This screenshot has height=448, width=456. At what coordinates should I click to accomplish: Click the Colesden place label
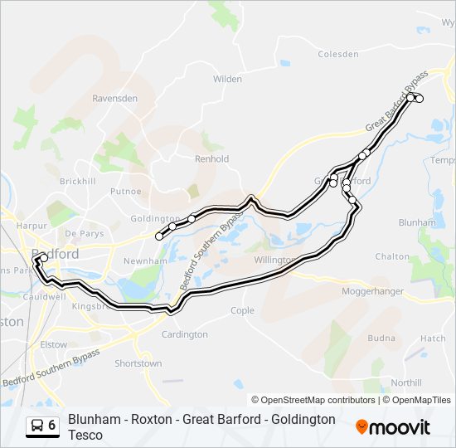point(338,55)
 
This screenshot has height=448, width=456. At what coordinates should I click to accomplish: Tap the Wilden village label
point(227,80)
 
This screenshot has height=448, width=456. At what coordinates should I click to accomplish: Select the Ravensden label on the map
point(114,98)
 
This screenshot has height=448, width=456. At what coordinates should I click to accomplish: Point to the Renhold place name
point(211,158)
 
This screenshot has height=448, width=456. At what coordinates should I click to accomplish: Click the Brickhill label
point(78,181)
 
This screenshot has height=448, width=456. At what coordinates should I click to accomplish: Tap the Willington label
point(274,260)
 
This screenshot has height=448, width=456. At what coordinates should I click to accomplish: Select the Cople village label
point(242,310)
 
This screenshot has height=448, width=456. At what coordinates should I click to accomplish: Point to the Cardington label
point(185,334)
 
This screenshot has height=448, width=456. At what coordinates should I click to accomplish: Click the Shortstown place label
point(138,363)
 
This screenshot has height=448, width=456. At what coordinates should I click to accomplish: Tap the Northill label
point(405,382)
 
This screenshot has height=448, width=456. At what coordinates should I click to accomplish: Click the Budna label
point(381,338)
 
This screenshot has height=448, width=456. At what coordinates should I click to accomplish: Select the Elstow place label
point(53,343)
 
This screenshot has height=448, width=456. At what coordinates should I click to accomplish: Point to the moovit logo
point(393,427)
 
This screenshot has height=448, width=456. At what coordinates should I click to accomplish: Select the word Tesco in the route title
point(85,435)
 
